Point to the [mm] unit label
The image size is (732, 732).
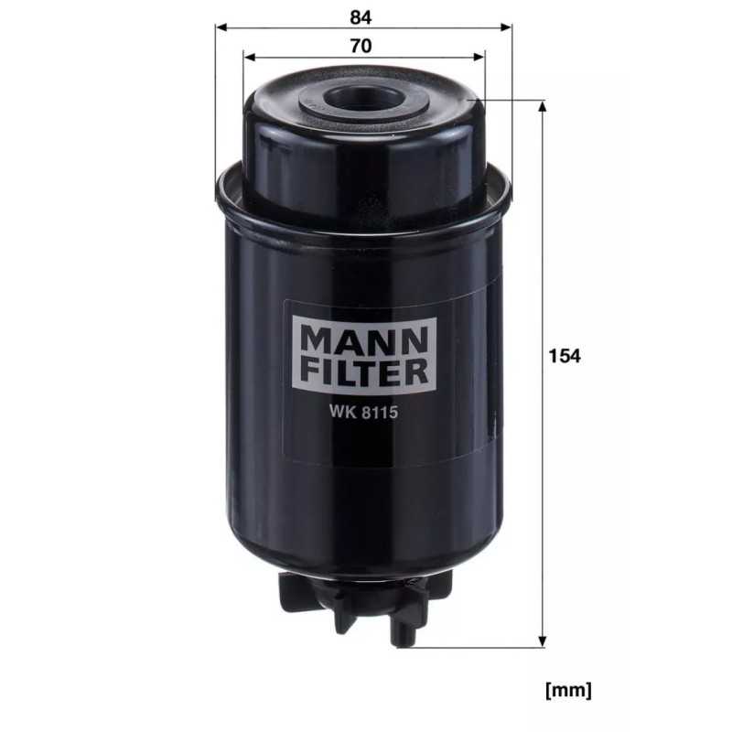[x=567, y=688]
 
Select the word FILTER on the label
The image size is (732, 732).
[x=360, y=371]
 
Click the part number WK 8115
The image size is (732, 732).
[x=360, y=411]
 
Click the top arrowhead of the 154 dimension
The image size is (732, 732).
[x=544, y=108]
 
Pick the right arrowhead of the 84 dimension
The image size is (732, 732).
[x=506, y=27]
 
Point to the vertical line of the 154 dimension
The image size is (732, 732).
[x=544, y=274]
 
